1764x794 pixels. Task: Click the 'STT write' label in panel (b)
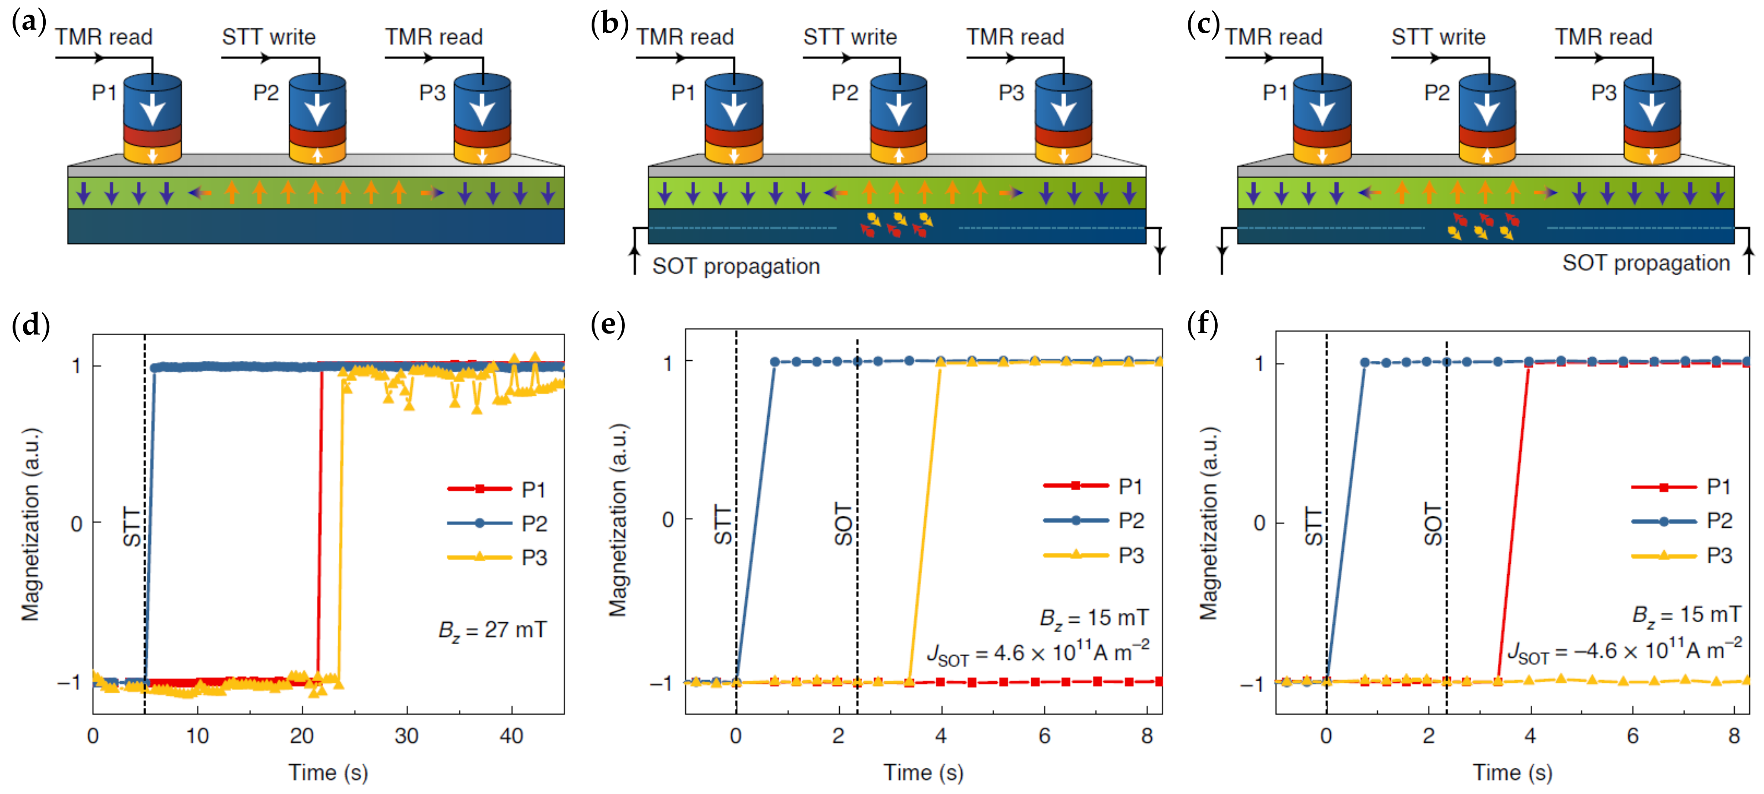click(850, 37)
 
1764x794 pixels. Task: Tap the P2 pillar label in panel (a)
click(266, 92)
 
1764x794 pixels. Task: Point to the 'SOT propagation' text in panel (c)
click(1645, 263)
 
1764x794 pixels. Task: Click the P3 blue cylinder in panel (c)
click(1652, 103)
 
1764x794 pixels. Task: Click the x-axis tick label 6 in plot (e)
click(1044, 737)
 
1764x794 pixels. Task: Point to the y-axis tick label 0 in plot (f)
click(1259, 523)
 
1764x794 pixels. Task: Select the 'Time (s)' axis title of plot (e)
click(923, 773)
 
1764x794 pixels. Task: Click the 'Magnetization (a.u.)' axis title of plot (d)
click(31, 524)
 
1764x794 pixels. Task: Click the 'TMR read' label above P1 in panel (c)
click(1274, 37)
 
